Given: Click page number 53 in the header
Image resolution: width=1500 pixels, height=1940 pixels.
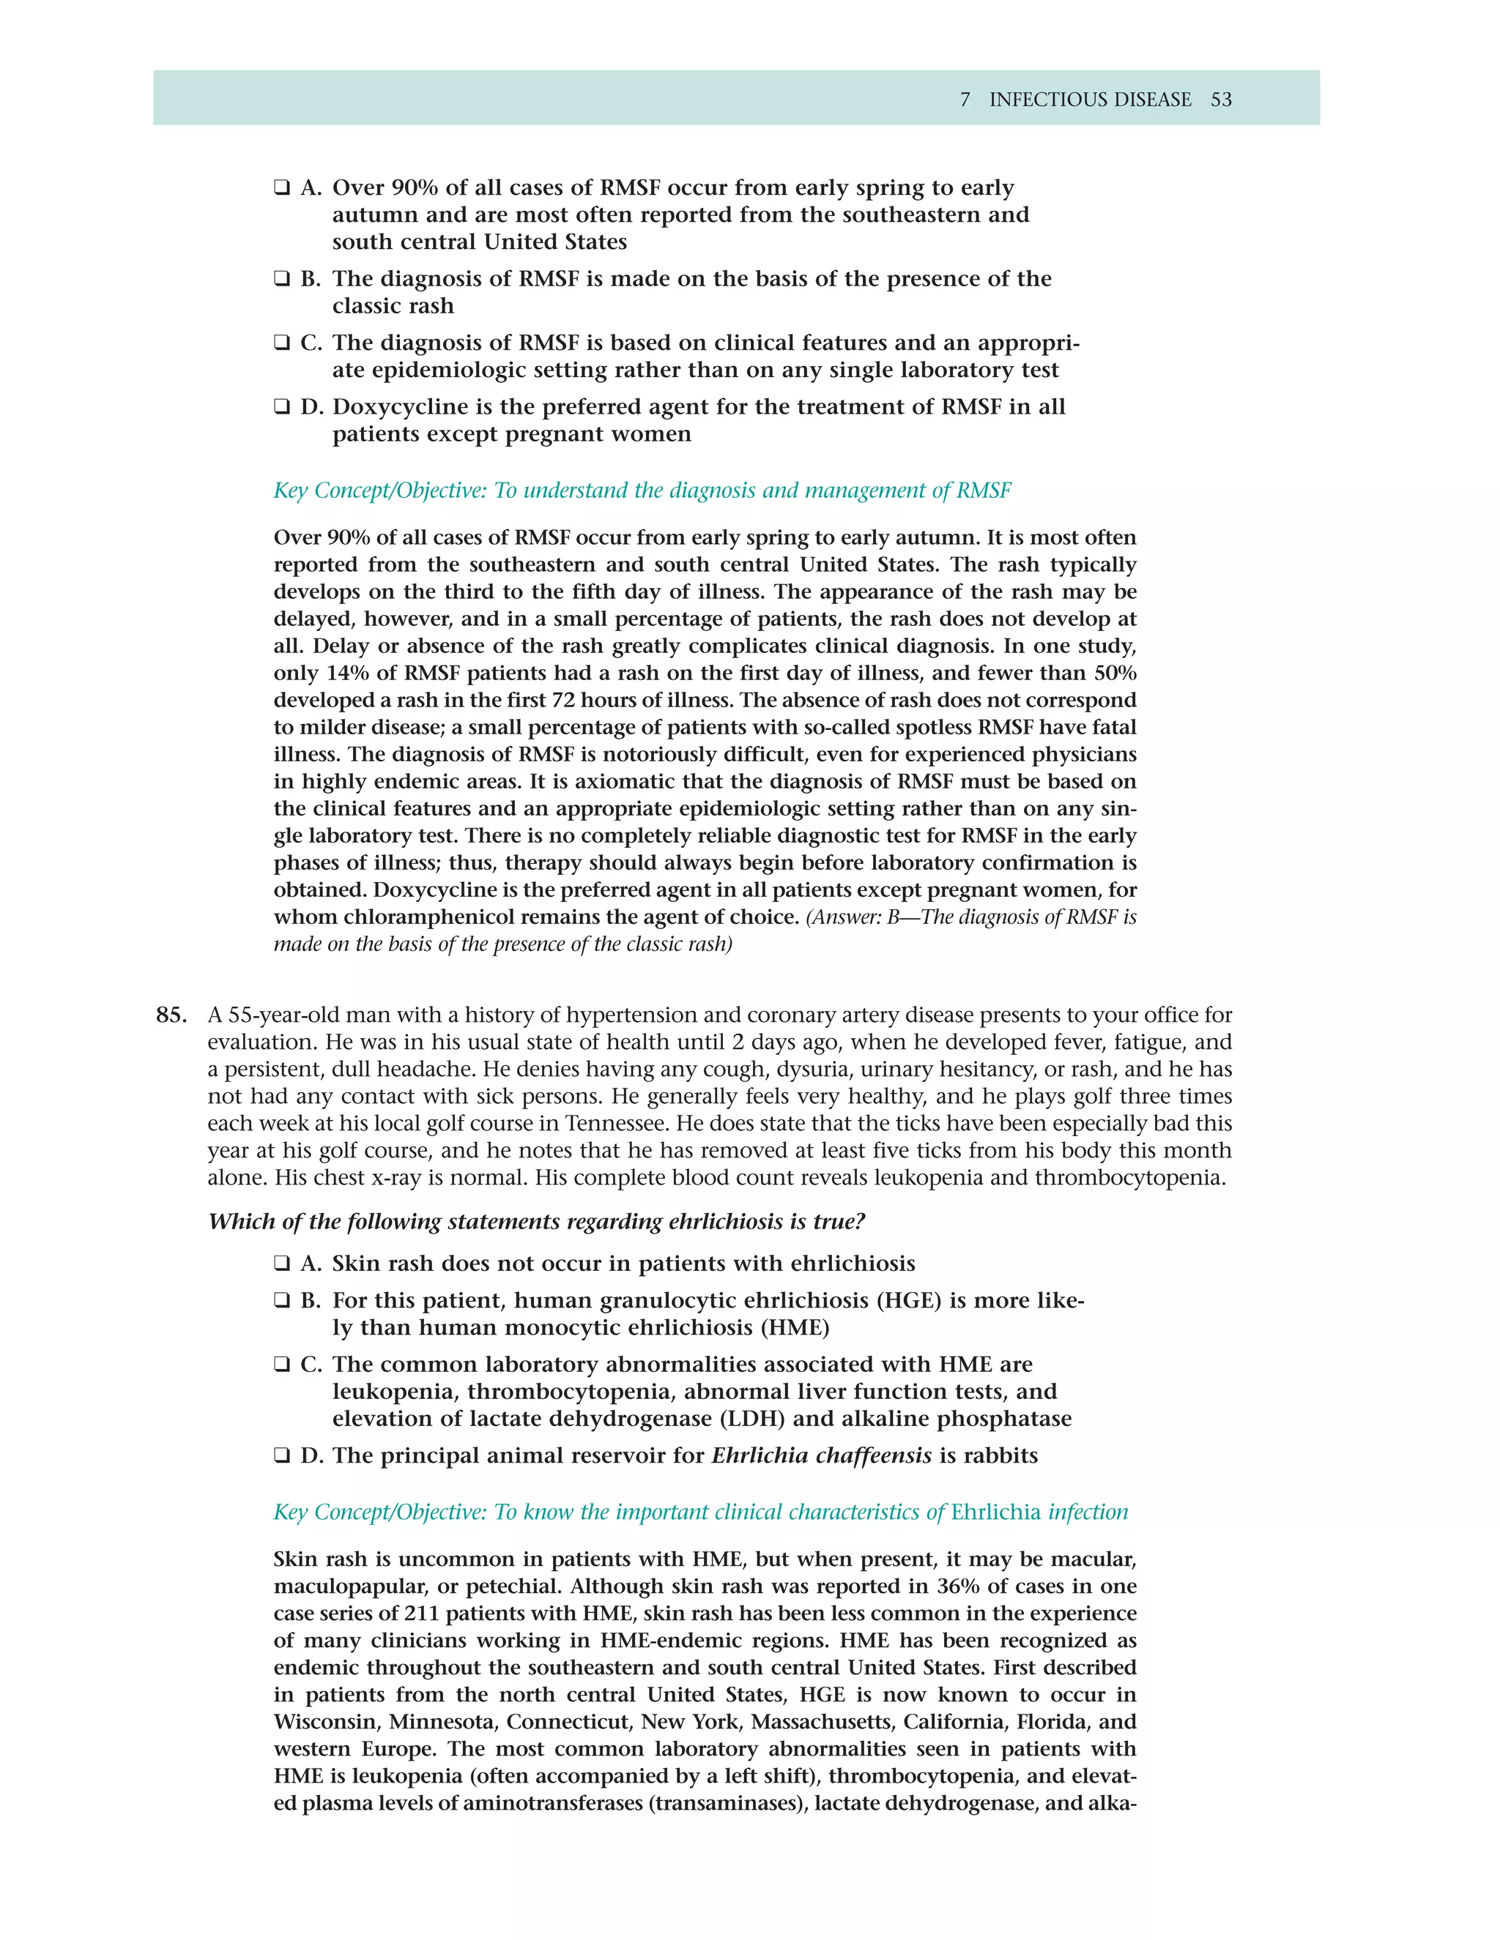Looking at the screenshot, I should [1221, 100].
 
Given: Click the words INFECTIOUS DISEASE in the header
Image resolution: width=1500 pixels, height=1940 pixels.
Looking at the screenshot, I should [1091, 100].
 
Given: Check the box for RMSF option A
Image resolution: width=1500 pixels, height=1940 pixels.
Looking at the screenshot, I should [282, 187].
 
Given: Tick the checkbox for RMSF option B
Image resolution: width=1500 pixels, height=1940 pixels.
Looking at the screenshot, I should [282, 279].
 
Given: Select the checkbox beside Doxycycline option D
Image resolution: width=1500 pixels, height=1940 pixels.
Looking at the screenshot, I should [282, 407].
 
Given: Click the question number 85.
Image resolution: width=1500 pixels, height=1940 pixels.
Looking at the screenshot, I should [171, 1015].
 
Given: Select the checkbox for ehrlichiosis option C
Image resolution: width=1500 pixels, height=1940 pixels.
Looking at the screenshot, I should [282, 1365].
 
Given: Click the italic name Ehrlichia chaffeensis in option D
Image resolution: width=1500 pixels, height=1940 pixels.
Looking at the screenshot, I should [821, 1456].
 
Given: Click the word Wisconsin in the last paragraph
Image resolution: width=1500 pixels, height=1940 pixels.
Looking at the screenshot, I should [327, 1722].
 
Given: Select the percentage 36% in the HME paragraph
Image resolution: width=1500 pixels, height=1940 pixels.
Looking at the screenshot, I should [955, 1586].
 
